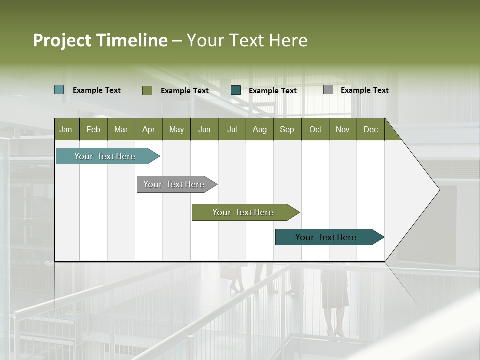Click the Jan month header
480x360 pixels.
(x=66, y=129)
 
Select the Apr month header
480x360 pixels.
(x=148, y=129)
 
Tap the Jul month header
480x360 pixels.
(x=232, y=129)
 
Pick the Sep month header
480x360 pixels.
(x=287, y=129)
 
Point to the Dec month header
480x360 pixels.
(x=370, y=129)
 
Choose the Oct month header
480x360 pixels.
(x=315, y=129)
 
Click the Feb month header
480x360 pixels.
(x=93, y=129)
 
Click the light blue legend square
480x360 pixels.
(x=59, y=90)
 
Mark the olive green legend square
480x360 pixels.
(x=147, y=90)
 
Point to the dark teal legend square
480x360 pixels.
(x=236, y=90)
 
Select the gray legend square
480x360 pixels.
(x=328, y=90)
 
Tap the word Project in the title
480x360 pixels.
(x=61, y=40)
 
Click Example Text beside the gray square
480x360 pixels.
(x=364, y=90)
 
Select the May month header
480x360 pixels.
(x=176, y=129)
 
